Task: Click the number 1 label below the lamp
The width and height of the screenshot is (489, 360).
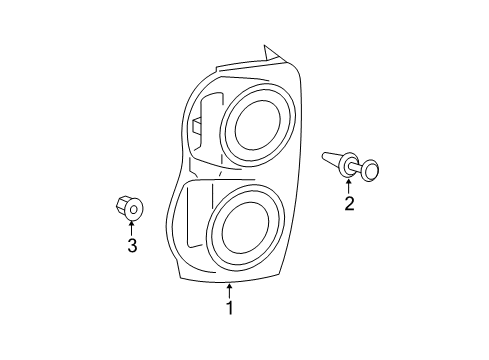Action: tap(229, 308)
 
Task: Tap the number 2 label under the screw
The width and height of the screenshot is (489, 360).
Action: tap(349, 205)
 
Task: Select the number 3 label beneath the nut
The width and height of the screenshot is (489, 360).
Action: tap(131, 245)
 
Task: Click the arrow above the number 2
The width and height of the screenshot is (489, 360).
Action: tap(349, 186)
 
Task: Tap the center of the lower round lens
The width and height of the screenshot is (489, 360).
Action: tap(244, 233)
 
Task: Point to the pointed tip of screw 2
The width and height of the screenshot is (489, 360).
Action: tap(326, 155)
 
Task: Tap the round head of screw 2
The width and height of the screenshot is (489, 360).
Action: tap(371, 172)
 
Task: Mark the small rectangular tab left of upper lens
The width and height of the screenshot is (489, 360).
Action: tap(198, 127)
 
